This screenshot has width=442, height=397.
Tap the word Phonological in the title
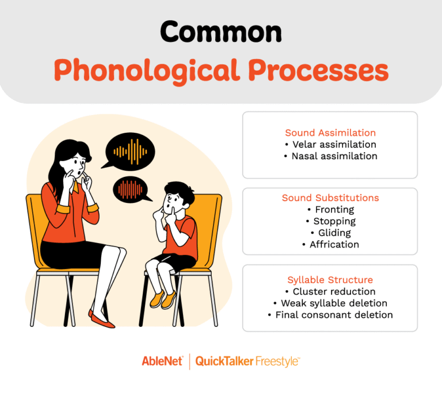coord(146,71)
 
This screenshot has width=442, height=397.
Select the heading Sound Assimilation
coord(330,133)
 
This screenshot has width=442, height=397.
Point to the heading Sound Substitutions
coord(330,198)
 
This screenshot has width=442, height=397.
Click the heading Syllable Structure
coord(330,280)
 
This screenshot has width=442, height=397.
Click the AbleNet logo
coord(162,361)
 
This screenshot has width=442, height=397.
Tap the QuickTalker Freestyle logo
coord(247,361)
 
